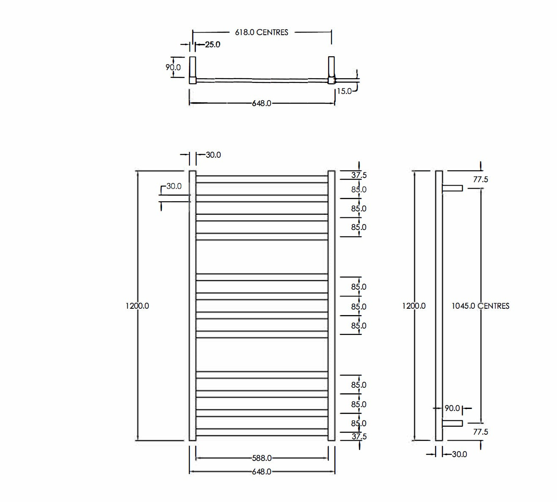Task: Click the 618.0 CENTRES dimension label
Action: pyautogui.click(x=261, y=32)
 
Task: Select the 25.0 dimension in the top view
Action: pyautogui.click(x=212, y=44)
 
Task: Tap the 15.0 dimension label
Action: pyautogui.click(x=344, y=91)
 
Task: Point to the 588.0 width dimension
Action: pyautogui.click(x=261, y=458)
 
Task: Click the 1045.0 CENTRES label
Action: pyautogui.click(x=480, y=306)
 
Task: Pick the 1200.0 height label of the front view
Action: pyautogui.click(x=137, y=306)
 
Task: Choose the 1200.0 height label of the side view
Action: pyautogui.click(x=414, y=306)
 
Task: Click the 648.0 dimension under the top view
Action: pyautogui.click(x=261, y=103)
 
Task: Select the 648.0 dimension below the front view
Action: pyautogui.click(x=261, y=472)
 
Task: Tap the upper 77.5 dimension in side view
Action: pyautogui.click(x=480, y=179)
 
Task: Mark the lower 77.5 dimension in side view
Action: pyautogui.click(x=480, y=432)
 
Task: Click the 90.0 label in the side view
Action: pyautogui.click(x=452, y=409)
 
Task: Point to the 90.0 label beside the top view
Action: pyautogui.click(x=173, y=67)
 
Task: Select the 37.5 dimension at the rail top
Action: pyautogui.click(x=359, y=175)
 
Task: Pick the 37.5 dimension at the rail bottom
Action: pyautogui.click(x=359, y=436)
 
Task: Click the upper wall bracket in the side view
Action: pyautogui.click(x=453, y=188)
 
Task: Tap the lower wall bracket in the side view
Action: pyautogui.click(x=453, y=423)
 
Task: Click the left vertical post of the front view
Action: pyautogui.click(x=192, y=306)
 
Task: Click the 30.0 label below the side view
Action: pyautogui.click(x=459, y=454)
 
